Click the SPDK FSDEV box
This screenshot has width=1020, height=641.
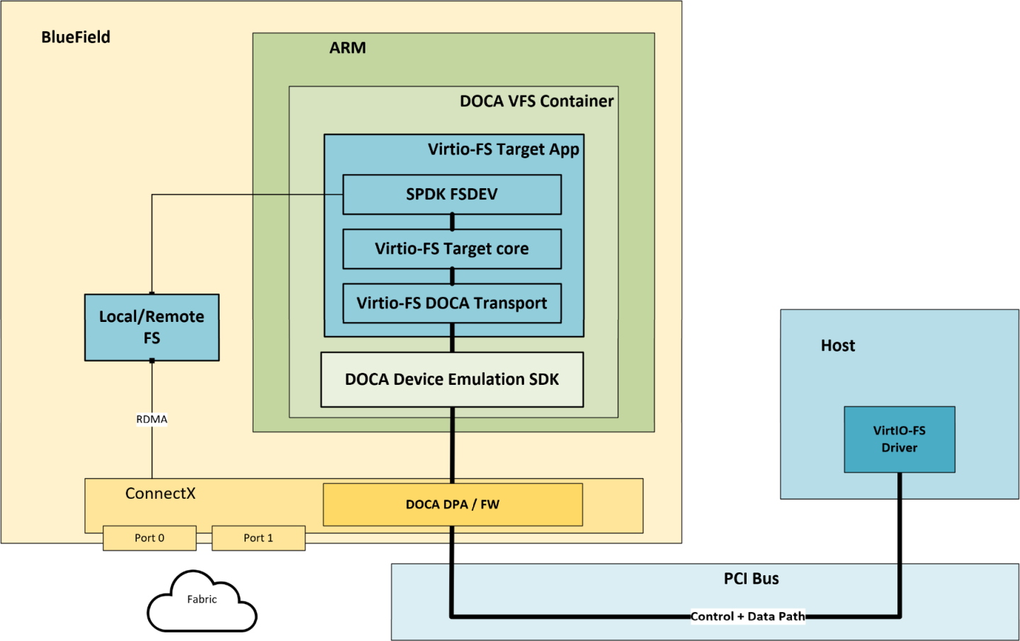click(x=452, y=195)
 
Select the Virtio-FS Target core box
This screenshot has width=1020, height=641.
click(x=452, y=249)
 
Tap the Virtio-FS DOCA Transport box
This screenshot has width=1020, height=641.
click(x=452, y=304)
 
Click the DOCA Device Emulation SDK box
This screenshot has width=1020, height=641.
click(x=452, y=380)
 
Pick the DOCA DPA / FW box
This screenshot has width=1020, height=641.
click(x=452, y=504)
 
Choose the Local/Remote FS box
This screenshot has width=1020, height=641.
click(x=152, y=328)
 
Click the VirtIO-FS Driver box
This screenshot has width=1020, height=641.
click(x=899, y=439)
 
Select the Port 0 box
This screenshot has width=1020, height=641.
click(x=149, y=538)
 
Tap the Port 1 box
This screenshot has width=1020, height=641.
click(x=259, y=538)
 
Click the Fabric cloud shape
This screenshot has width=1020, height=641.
click(x=202, y=601)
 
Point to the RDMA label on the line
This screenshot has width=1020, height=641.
click(x=152, y=420)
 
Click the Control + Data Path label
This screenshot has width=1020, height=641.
click(x=748, y=616)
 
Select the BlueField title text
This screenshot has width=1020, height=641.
click(x=76, y=37)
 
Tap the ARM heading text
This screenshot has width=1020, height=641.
click(x=348, y=48)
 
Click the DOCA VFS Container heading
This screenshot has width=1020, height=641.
click(x=536, y=101)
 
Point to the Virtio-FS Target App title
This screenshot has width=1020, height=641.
click(x=503, y=149)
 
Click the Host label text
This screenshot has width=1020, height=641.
click(x=838, y=346)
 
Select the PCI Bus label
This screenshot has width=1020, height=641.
click(x=751, y=579)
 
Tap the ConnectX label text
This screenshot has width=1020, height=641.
click(x=160, y=494)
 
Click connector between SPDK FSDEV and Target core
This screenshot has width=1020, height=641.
click(x=452, y=221)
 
